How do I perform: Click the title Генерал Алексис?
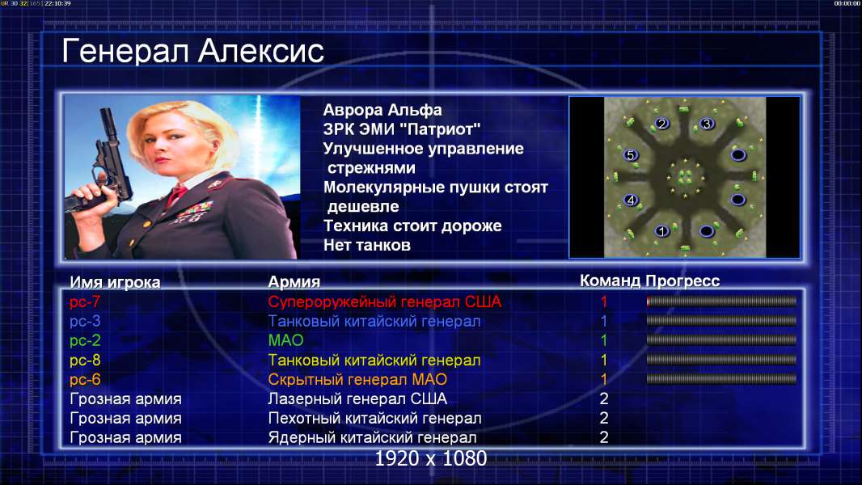[x=193, y=51]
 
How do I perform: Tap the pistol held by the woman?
[x=104, y=165]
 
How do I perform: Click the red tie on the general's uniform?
[x=176, y=195]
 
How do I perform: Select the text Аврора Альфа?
[x=382, y=110]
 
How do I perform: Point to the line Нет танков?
[x=366, y=245]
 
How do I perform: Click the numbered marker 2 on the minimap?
[x=662, y=124]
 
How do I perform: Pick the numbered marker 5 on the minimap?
[x=631, y=155]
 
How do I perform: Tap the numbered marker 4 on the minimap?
[x=631, y=200]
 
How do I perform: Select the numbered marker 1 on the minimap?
[x=662, y=231]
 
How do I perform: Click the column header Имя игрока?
[x=115, y=282]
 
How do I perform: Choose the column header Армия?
[x=294, y=282]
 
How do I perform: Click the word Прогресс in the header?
[x=682, y=281]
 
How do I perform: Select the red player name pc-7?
[x=85, y=302]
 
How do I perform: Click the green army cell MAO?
[x=286, y=340]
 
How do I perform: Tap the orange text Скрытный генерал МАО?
[x=357, y=380]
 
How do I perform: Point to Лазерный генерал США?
[x=357, y=399]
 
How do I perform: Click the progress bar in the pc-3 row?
[x=721, y=321]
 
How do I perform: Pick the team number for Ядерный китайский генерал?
[x=603, y=437]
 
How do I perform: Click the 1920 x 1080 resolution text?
[x=431, y=458]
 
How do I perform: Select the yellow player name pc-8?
[x=85, y=361]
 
